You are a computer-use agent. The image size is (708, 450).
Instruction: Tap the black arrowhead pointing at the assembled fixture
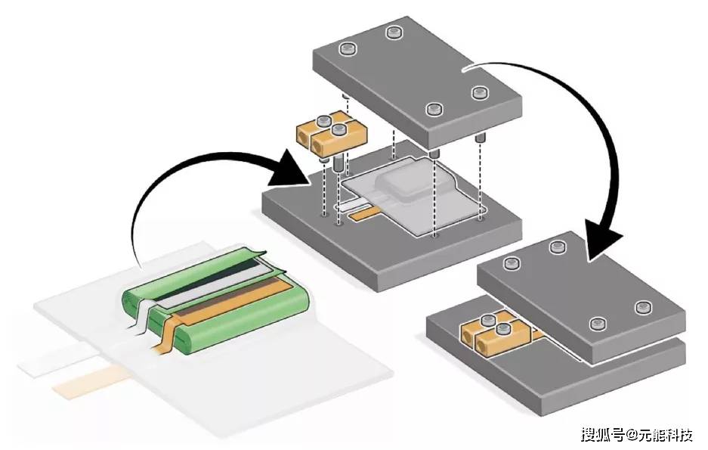click(604, 239)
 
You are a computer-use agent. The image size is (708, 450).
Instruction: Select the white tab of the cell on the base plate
click(349, 204)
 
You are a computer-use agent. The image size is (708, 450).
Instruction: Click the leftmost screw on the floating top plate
click(348, 50)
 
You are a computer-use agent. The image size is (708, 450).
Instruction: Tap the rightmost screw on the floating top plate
click(478, 93)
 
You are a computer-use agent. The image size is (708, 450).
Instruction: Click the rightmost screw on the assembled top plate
click(643, 307)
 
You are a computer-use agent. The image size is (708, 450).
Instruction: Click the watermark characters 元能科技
click(665, 435)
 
